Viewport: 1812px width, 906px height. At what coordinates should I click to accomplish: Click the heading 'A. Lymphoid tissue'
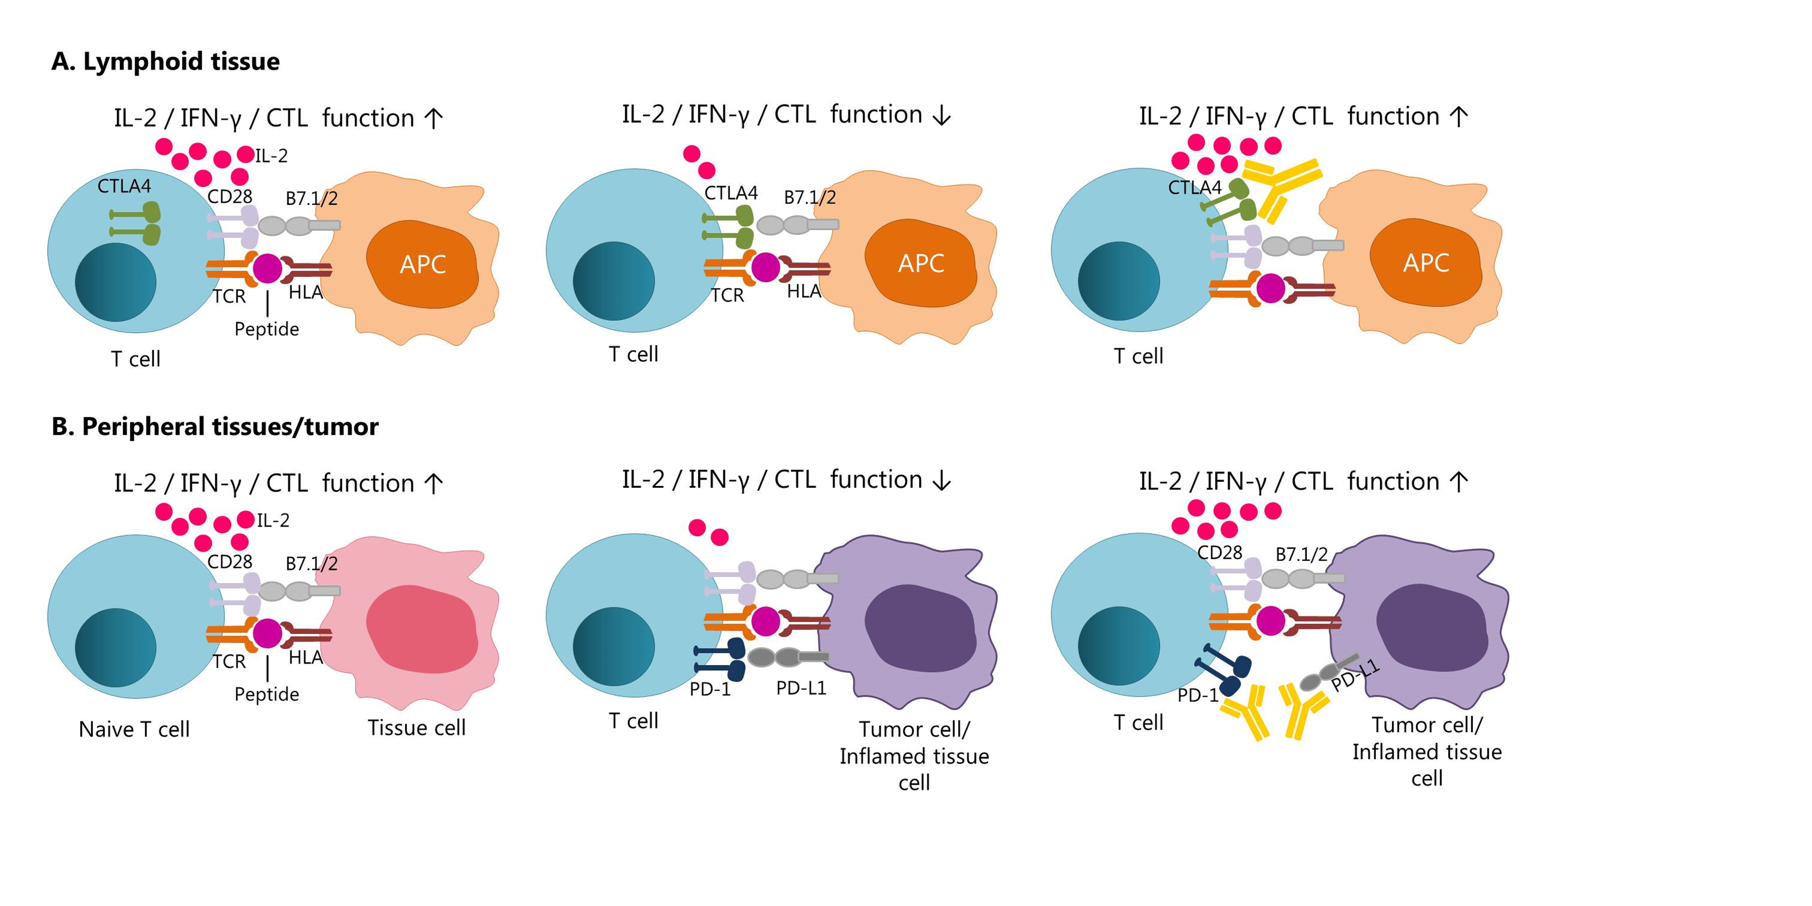[165, 62]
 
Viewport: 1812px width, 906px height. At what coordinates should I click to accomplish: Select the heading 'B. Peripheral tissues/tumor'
[215, 427]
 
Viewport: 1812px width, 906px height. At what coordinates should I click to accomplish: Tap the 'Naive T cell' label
[134, 729]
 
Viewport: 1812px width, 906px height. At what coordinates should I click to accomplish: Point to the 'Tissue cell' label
[417, 728]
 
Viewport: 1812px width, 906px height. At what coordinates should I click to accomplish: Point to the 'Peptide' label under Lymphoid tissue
[267, 329]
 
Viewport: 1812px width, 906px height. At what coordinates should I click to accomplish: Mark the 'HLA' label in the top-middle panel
[803, 291]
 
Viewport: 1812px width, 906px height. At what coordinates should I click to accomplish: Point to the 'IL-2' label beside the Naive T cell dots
[273, 521]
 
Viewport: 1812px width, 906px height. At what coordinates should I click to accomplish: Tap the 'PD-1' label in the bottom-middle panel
[710, 689]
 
